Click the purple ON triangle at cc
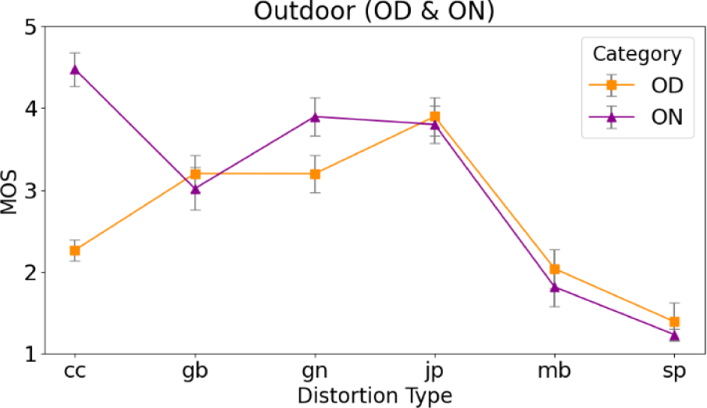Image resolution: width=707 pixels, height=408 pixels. [x=75, y=69]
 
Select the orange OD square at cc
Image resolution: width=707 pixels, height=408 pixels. [x=75, y=250]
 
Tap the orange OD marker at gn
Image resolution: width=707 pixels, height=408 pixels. [x=315, y=174]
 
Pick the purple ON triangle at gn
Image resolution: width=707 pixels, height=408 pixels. [x=315, y=116]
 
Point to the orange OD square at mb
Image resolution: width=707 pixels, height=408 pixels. [x=555, y=269]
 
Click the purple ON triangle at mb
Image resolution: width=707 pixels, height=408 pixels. [x=555, y=288]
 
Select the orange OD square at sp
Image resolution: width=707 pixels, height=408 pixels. [x=674, y=321]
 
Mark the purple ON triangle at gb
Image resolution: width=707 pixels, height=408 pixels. [x=195, y=188]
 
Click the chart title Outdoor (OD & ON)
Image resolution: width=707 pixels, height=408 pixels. [x=374, y=11]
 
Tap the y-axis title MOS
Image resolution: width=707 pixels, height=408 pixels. [x=10, y=191]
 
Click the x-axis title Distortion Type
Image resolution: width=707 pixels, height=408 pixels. [x=374, y=394]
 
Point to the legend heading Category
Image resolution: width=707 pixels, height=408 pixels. [x=637, y=54]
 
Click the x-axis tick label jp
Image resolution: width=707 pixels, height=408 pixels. [x=434, y=370]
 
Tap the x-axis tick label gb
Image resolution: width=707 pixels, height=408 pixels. [x=195, y=370]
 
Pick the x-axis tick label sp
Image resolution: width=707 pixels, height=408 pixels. [x=674, y=370]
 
